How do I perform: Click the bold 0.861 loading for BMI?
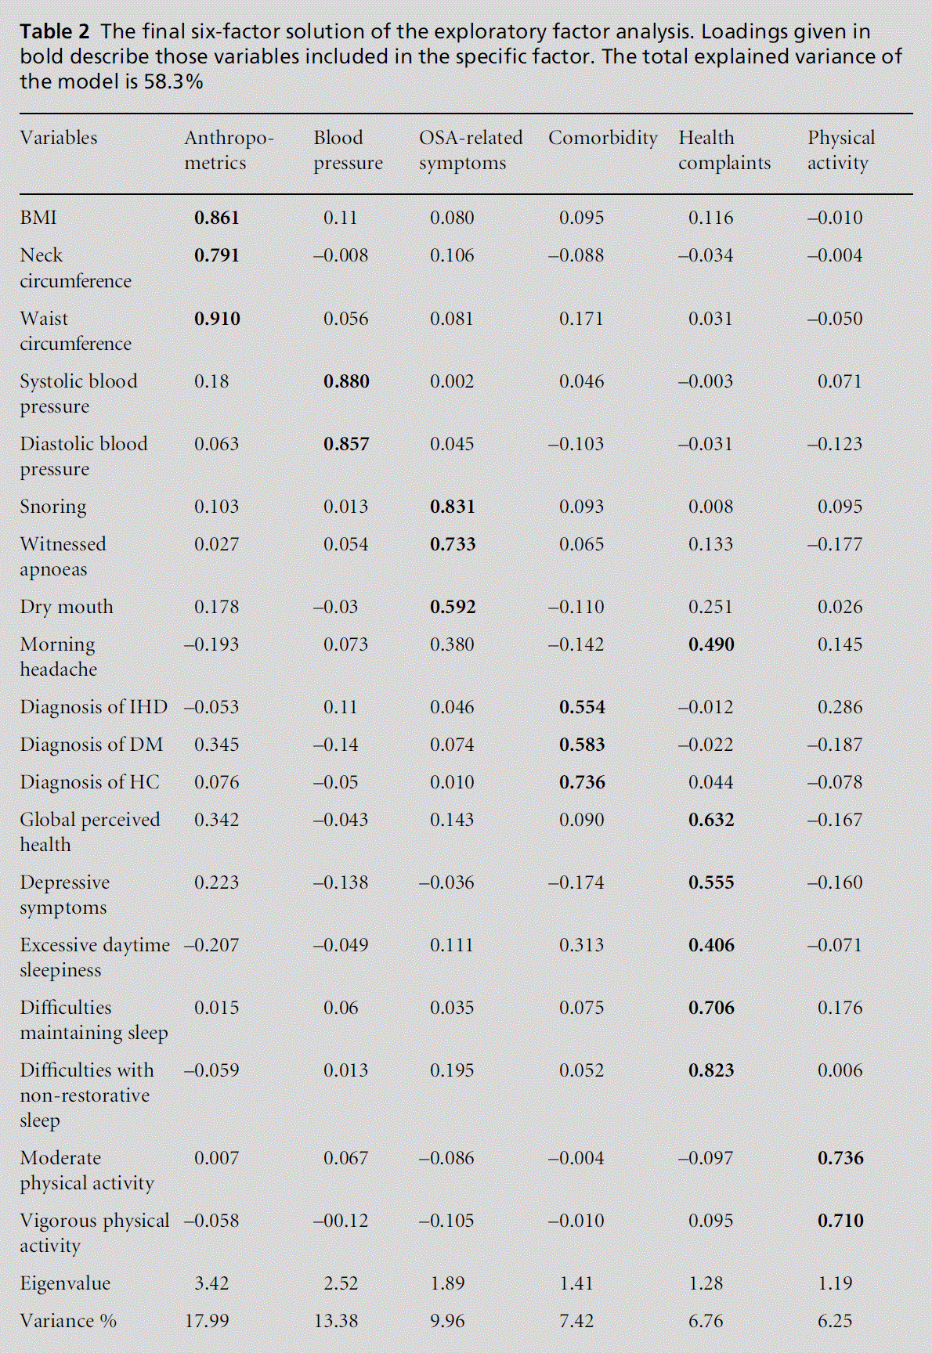(216, 218)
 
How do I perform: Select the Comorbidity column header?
(602, 138)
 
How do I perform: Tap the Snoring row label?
(53, 507)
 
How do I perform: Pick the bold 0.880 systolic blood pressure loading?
(346, 381)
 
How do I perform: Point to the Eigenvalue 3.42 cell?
(211, 1283)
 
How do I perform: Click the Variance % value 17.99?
(207, 1321)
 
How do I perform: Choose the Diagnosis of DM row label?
(92, 745)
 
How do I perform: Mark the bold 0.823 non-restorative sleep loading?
(711, 1070)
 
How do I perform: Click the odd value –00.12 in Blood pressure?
(341, 1221)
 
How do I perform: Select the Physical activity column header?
(840, 150)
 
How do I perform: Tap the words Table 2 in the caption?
(55, 32)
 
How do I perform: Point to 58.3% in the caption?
(172, 82)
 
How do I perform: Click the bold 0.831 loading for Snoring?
(453, 507)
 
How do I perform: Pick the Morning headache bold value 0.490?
(711, 644)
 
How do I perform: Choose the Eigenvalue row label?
(65, 1283)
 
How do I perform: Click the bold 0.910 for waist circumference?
(217, 319)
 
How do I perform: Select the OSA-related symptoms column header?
(470, 150)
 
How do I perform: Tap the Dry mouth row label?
(67, 607)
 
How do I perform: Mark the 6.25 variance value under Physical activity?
(835, 1321)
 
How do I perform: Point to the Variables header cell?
(59, 138)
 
